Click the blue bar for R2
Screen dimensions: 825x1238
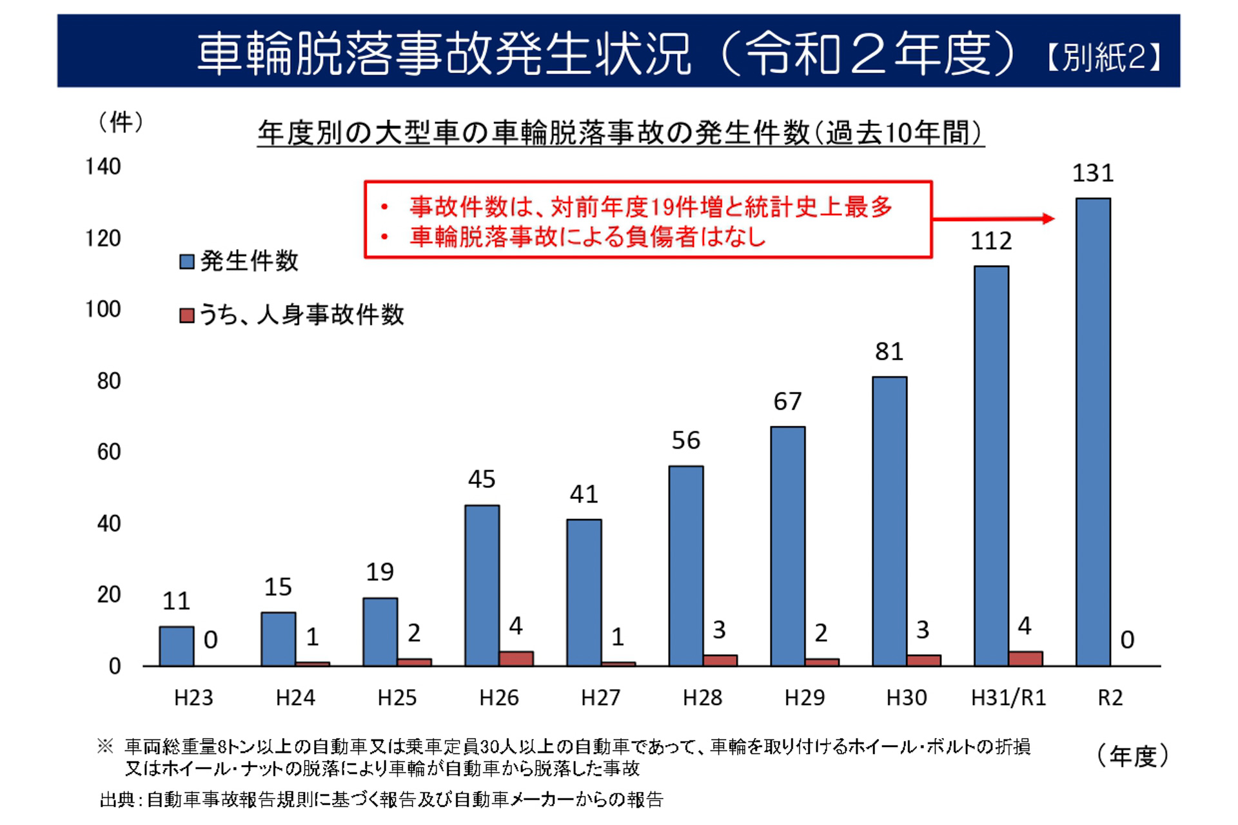click(1093, 432)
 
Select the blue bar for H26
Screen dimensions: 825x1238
click(482, 585)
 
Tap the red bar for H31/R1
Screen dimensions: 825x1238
click(1025, 658)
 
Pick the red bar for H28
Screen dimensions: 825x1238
click(720, 660)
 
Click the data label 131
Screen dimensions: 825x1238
click(1092, 173)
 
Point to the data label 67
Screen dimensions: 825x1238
click(787, 402)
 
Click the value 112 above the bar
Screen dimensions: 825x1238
click(991, 241)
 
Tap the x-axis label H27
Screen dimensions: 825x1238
click(600, 697)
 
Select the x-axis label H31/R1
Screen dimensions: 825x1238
click(1008, 697)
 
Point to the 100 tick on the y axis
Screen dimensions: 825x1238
click(103, 309)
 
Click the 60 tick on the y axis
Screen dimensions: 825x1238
click(109, 452)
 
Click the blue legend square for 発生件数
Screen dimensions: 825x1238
click(187, 262)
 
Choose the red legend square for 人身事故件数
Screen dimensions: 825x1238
click(187, 315)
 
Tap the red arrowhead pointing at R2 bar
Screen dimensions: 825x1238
click(1048, 218)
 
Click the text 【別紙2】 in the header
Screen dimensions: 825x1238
click(1104, 57)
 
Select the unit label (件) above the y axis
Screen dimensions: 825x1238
click(121, 122)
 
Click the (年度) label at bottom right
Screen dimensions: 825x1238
click(1132, 755)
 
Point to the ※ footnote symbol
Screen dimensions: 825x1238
click(105, 746)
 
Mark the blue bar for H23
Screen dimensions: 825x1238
click(176, 646)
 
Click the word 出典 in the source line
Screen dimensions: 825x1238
click(117, 800)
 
